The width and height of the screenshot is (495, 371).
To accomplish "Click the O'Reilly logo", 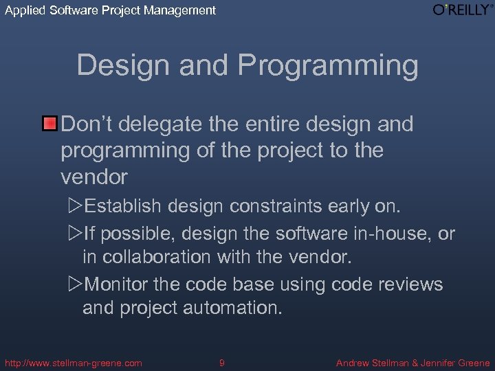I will pyautogui.click(x=461, y=10).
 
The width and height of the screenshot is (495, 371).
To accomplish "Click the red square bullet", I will pyautogui.click(x=49, y=124).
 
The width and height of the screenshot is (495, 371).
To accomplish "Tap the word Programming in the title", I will pyautogui.click(x=328, y=66).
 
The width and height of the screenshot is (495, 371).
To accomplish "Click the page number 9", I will pyautogui.click(x=221, y=363).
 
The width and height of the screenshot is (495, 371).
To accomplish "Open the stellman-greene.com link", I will pyautogui.click(x=73, y=363).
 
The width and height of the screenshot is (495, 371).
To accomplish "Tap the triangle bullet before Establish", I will pyautogui.click(x=76, y=206).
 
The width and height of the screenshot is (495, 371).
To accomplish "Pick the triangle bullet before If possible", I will pyautogui.click(x=76, y=234).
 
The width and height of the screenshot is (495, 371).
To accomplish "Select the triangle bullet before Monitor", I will pyautogui.click(x=76, y=284).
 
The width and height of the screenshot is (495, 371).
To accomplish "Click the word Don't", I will pyautogui.click(x=89, y=124).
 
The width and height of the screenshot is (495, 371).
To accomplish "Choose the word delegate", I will pyautogui.click(x=164, y=124).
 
